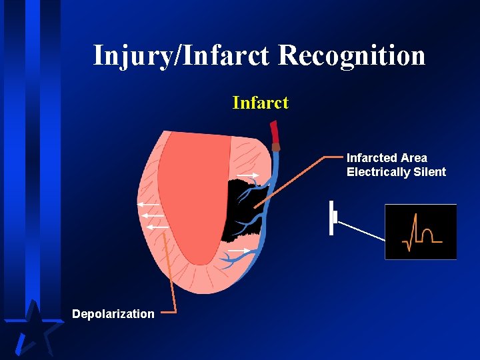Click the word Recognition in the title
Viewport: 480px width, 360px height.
coord(351,55)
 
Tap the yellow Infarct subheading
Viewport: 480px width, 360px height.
coord(260,103)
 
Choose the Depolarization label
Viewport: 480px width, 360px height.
coord(113,314)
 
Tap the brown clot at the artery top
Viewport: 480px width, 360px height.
coord(276,147)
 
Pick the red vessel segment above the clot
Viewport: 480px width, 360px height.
coord(273,133)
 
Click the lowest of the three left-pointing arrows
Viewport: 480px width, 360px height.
coord(157,227)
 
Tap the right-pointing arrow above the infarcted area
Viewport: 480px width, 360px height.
coord(248,175)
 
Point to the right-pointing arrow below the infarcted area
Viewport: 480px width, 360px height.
coord(239,251)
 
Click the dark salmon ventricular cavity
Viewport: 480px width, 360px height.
coord(190,193)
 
